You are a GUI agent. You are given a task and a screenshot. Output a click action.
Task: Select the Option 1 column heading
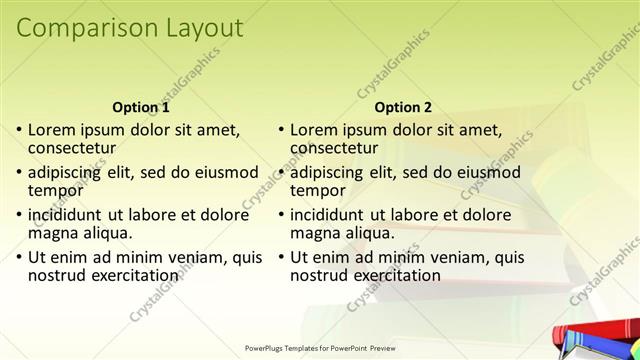[141, 106]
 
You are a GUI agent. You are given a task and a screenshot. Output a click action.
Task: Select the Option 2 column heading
[404, 106]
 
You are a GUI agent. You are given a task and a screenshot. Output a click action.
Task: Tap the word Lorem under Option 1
[54, 129]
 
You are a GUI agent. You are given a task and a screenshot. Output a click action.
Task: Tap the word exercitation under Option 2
[397, 275]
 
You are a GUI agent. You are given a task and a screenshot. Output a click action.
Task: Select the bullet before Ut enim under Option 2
[281, 258]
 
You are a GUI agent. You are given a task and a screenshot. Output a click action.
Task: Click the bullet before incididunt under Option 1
[19, 215]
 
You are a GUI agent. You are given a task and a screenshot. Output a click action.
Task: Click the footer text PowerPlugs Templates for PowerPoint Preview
[320, 348]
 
